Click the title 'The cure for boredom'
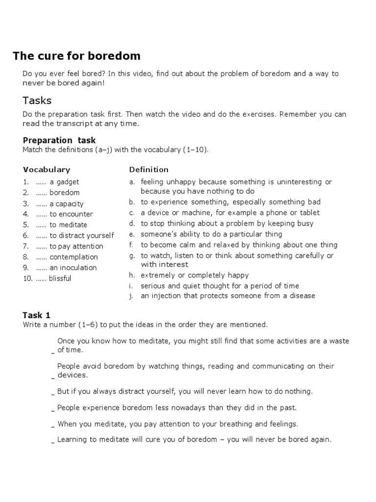[76, 56]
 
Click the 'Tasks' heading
[37, 100]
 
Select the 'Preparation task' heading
[59, 140]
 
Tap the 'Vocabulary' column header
[47, 170]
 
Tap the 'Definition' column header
[149, 170]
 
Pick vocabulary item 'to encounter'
[71, 214]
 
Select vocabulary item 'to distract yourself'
[81, 235]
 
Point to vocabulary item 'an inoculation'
[73, 268]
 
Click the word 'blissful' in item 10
[60, 278]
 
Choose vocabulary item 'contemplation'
[73, 257]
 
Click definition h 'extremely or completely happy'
[195, 275]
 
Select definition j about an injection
[228, 296]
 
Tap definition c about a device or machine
[230, 213]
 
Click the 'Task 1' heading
[37, 315]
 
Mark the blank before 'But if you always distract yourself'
[53, 392]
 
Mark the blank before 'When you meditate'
[53, 425]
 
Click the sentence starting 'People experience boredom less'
[177, 407]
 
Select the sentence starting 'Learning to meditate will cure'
[194, 440]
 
